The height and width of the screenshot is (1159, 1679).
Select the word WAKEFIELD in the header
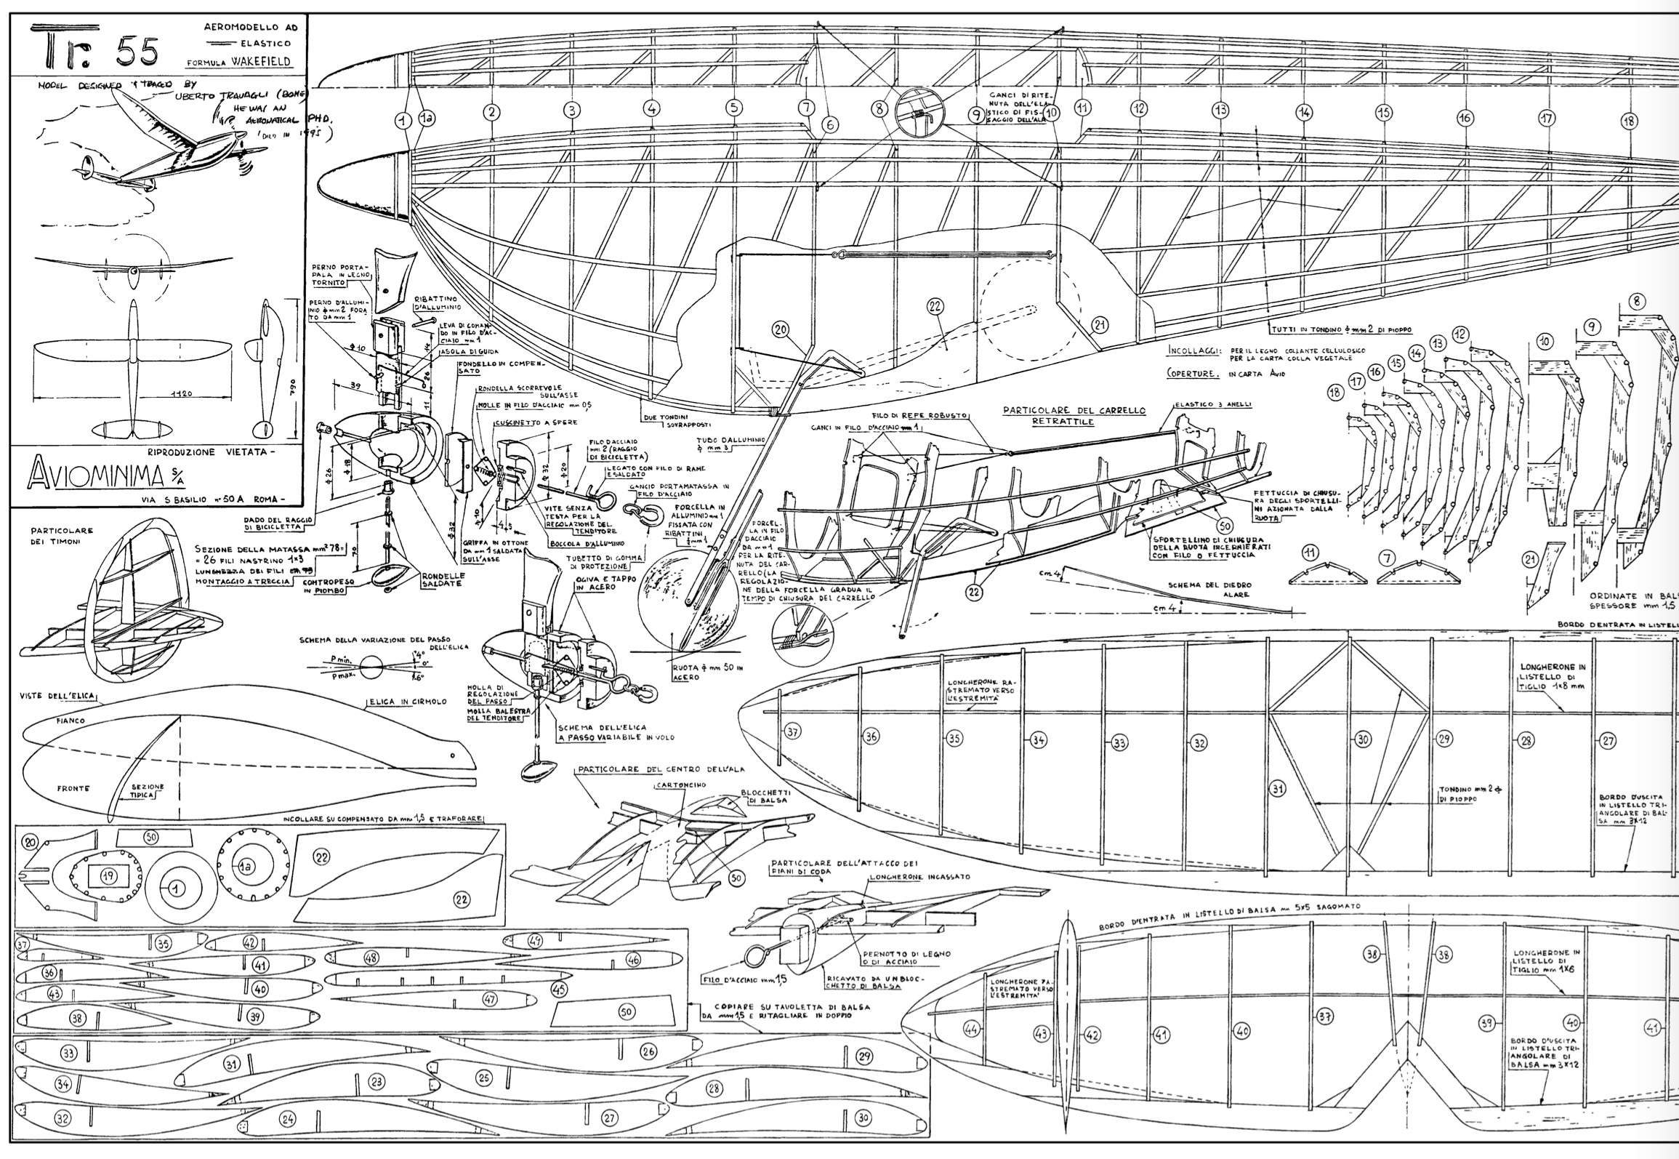pyautogui.click(x=264, y=62)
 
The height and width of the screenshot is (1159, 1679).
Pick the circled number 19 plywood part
pyautogui.click(x=108, y=877)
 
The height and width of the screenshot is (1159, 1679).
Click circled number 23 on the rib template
pyautogui.click(x=376, y=1082)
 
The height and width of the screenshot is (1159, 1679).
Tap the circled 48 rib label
pyautogui.click(x=371, y=958)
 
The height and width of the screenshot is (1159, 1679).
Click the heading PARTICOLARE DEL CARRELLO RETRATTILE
pyautogui.click(x=1074, y=415)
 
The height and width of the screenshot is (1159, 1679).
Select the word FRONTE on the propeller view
pyautogui.click(x=73, y=787)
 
